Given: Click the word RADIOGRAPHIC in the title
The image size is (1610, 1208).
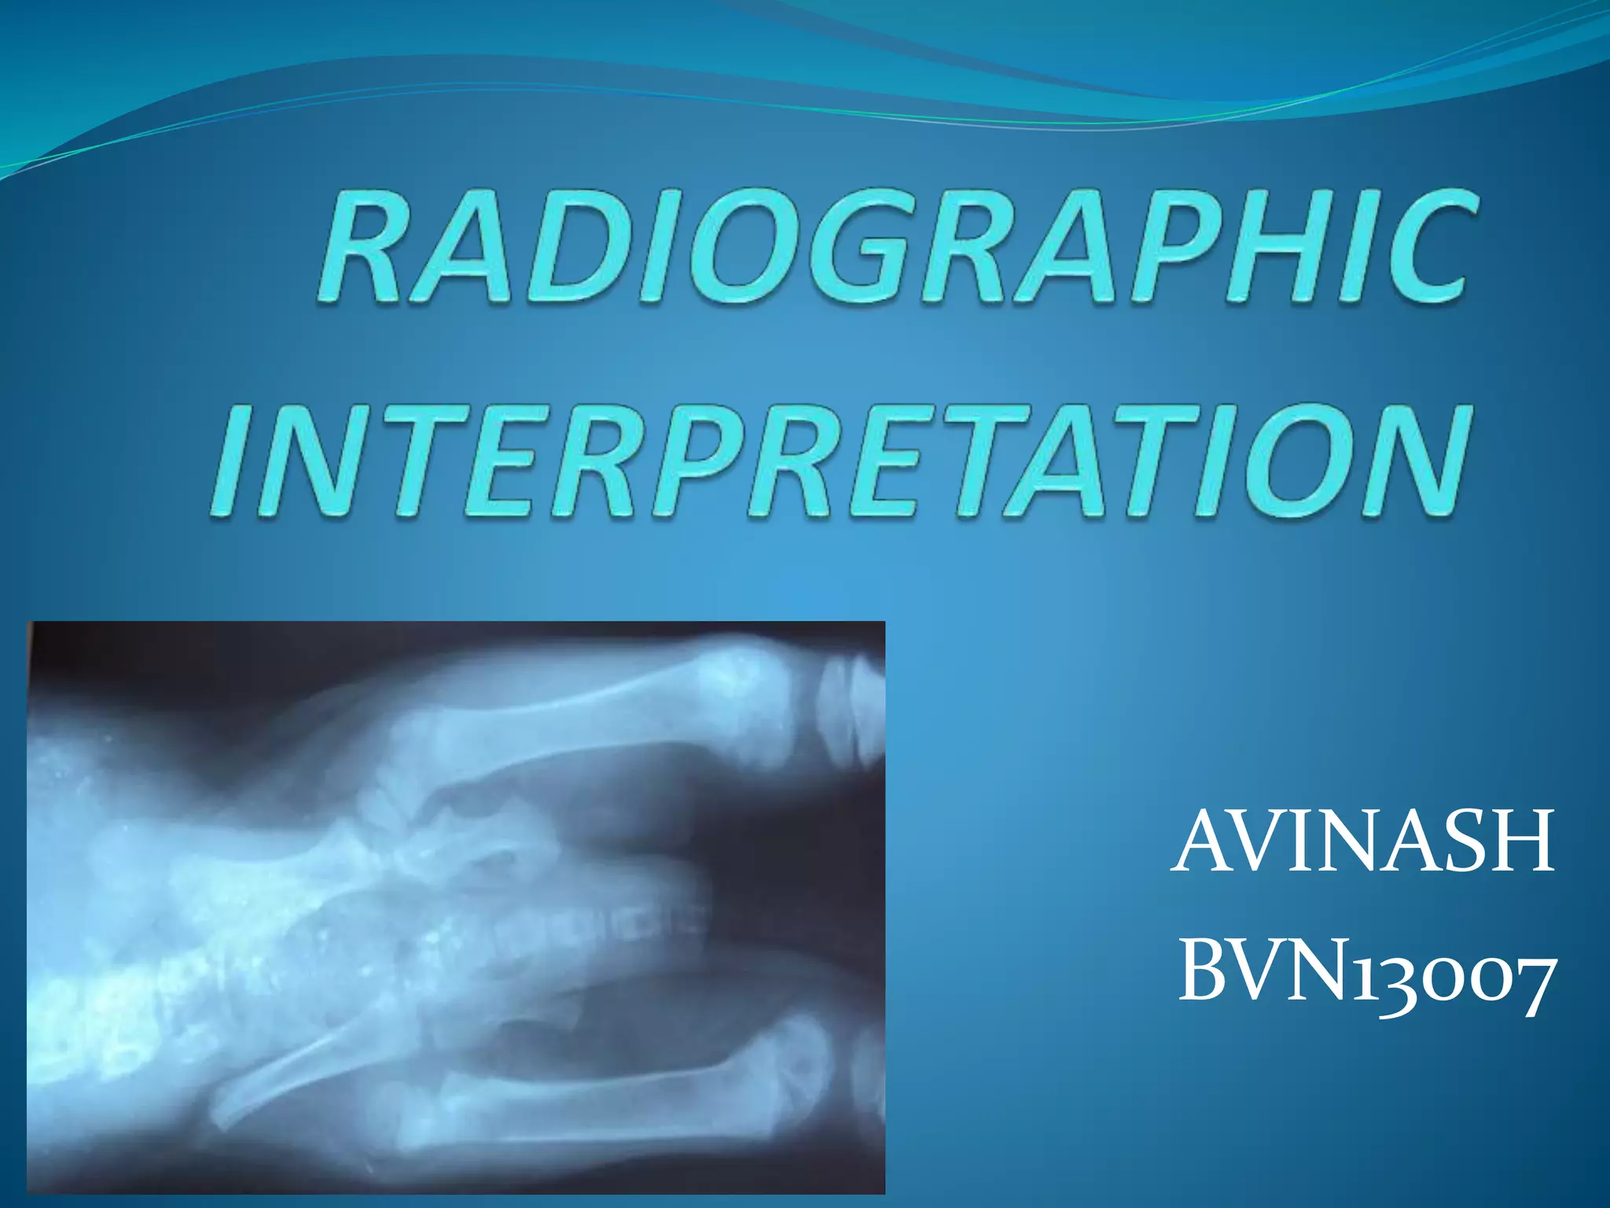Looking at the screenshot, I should tap(892, 245).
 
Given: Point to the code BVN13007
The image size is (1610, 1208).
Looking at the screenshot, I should tap(1366, 976).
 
